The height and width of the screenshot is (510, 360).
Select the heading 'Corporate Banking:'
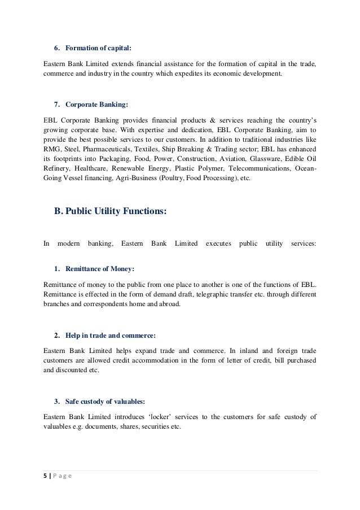tap(96, 105)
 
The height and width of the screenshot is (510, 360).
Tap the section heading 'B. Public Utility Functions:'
tap(110, 212)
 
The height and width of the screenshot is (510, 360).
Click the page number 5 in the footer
tap(45, 476)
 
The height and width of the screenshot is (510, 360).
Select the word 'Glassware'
tap(262, 158)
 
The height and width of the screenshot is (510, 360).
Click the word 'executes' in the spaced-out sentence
tap(218, 244)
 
